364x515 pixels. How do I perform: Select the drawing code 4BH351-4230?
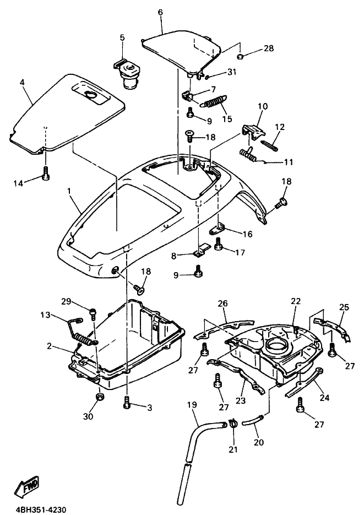tap(41, 510)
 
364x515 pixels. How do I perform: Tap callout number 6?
tap(160, 13)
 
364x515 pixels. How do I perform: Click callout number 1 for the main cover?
tap(69, 191)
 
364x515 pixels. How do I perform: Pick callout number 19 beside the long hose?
tap(192, 405)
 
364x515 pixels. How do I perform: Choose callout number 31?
tap(232, 72)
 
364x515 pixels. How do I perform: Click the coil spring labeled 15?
tap(214, 101)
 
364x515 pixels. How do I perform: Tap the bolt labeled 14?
tap(46, 173)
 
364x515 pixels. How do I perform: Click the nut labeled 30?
tap(100, 397)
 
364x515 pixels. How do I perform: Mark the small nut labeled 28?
tap(240, 57)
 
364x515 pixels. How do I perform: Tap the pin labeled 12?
tap(269, 145)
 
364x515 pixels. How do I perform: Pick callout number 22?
tap(296, 301)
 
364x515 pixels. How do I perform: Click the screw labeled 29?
tap(93, 313)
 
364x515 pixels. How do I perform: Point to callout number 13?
tap(45, 315)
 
